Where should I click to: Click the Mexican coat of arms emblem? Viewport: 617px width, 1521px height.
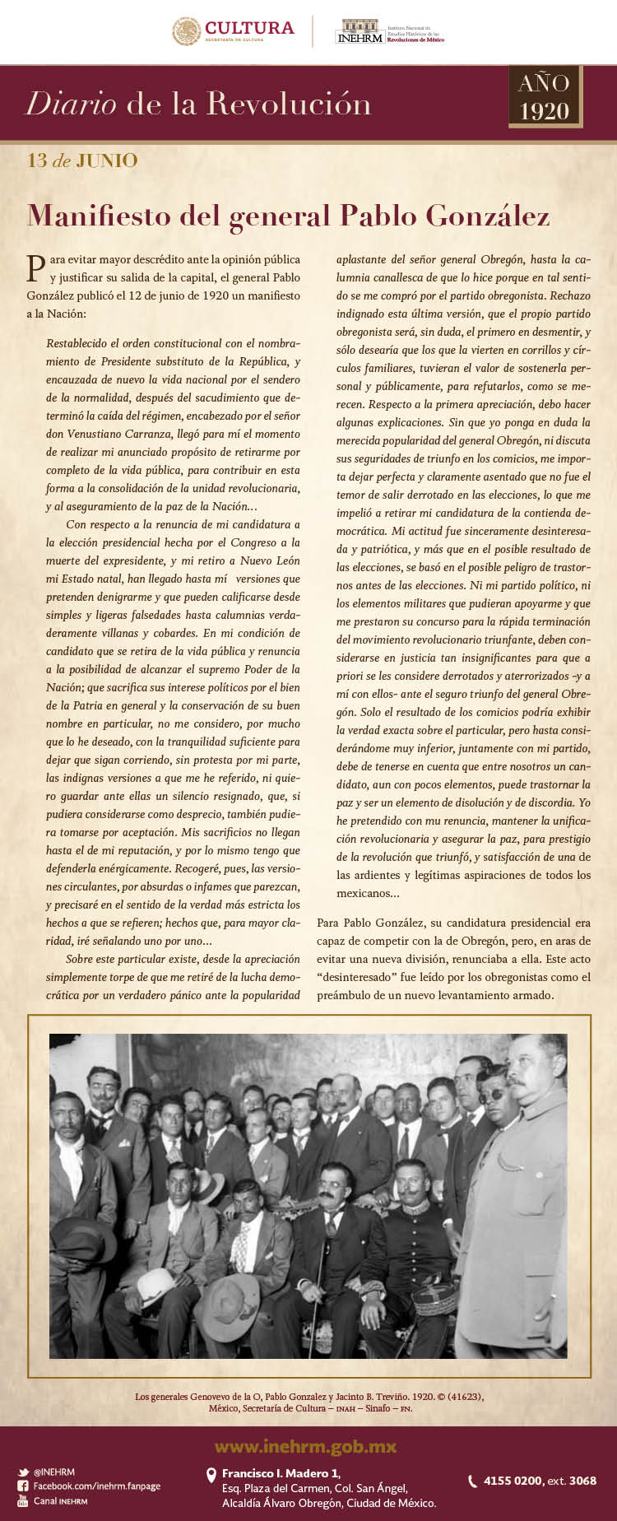[x=186, y=31]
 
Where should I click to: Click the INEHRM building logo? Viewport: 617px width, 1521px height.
[x=359, y=32]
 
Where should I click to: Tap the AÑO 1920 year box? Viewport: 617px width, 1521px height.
[x=545, y=96]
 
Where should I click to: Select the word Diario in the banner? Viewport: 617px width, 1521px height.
[x=72, y=104]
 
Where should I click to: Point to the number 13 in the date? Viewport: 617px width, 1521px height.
[x=37, y=160]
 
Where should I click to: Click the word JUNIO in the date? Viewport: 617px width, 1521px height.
[x=107, y=160]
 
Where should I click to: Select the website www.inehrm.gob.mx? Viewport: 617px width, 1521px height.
[x=305, y=1446]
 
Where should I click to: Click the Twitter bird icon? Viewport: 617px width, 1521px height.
[x=23, y=1472]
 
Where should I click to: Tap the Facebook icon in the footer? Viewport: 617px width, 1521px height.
[x=23, y=1486]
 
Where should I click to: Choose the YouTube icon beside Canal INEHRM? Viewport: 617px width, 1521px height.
[x=23, y=1500]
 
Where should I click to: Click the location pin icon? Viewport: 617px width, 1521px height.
[x=211, y=1477]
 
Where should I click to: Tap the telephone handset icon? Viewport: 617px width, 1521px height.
[x=472, y=1481]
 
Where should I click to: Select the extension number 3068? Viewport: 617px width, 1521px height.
[x=582, y=1481]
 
